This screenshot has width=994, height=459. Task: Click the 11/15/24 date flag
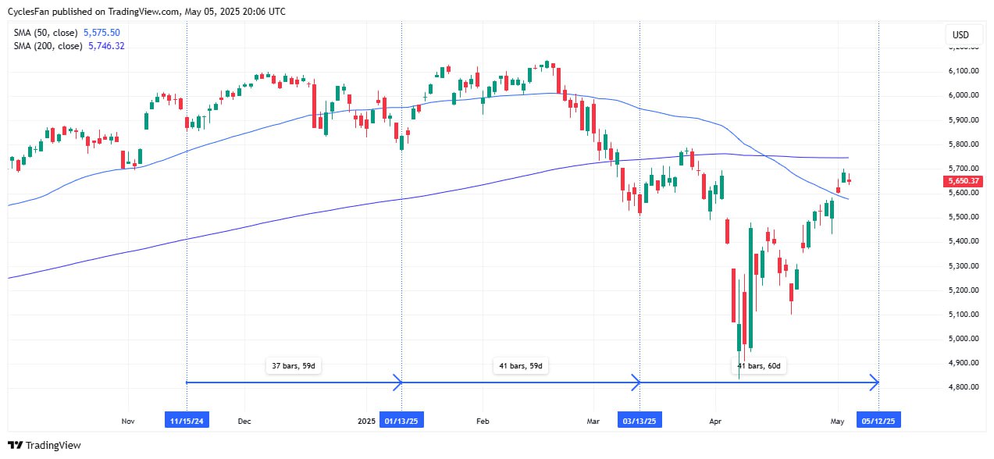coord(187,421)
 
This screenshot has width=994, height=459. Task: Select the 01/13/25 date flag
coord(401,421)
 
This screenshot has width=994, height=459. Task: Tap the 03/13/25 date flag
coord(640,421)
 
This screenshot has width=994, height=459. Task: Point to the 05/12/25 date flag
coord(878,421)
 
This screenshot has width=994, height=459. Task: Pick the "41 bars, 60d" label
coord(759,365)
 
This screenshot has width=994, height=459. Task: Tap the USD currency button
coord(960,35)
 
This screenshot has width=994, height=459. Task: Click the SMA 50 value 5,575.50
coord(102,33)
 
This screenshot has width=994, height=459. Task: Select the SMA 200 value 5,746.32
coord(104,46)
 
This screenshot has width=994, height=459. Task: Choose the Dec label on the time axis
coord(244,422)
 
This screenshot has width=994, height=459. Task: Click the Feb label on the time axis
coord(482,422)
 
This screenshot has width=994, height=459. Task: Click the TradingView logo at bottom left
coord(45,445)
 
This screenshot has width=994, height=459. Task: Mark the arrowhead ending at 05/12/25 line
coord(875,382)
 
